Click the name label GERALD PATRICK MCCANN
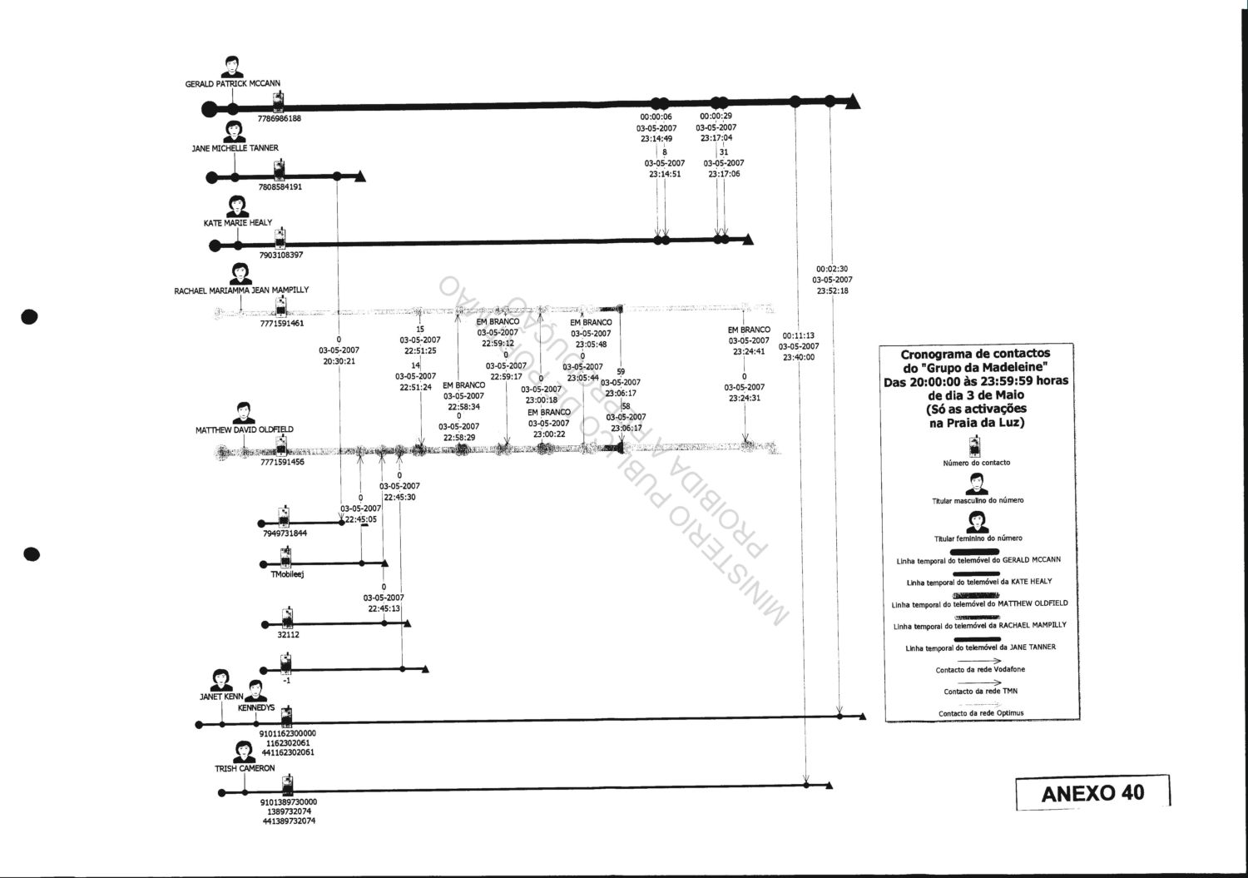point(233,84)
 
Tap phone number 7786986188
point(279,119)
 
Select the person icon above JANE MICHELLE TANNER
point(235,132)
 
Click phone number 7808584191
point(280,187)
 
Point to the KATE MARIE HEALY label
point(238,224)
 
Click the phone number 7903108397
point(281,255)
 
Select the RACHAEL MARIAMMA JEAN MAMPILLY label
point(241,290)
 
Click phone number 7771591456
point(282,462)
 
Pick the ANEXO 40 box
point(1092,792)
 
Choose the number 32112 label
point(288,635)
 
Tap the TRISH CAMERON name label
point(245,768)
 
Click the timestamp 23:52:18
point(833,291)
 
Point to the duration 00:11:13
point(799,335)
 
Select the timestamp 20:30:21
point(339,361)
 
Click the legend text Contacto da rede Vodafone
point(980,670)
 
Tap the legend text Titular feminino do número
point(978,538)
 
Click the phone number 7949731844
point(285,533)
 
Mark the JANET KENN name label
point(221,697)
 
